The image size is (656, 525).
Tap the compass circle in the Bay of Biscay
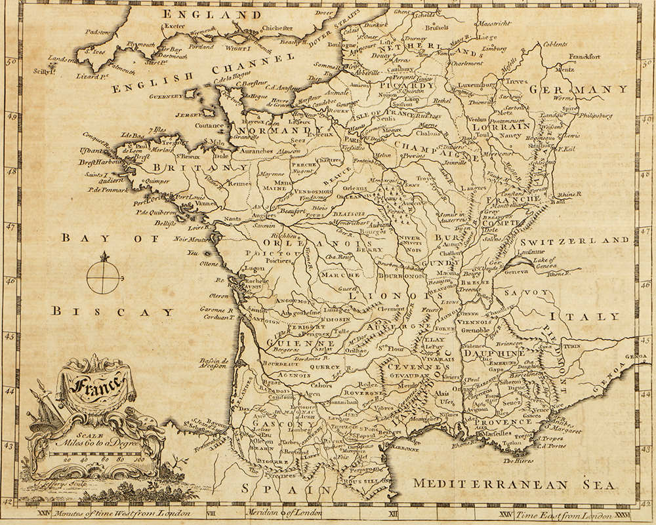(104, 277)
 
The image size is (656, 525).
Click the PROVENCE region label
(504, 421)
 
